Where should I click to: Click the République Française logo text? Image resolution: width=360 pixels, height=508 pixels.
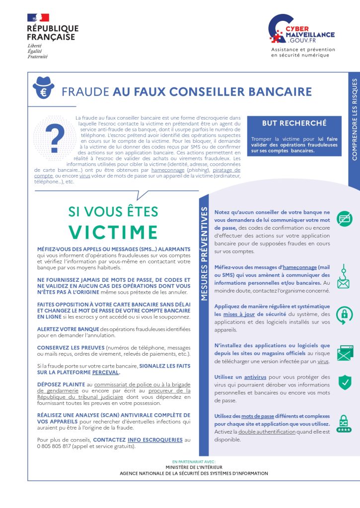(x=53, y=33)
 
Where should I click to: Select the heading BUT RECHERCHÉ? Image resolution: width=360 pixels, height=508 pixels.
(x=294, y=123)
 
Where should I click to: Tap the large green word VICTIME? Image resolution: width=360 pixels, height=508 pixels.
(x=113, y=232)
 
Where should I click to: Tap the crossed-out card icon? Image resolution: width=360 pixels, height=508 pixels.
(x=344, y=219)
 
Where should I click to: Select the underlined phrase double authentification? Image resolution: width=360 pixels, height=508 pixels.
(x=266, y=432)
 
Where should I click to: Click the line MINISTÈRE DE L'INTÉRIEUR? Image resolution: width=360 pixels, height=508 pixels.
(x=194, y=467)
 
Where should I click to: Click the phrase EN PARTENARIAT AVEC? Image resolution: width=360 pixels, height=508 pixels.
(x=194, y=461)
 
